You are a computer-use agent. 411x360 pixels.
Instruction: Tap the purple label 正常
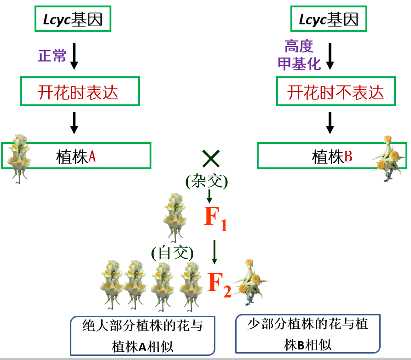(x=52, y=56)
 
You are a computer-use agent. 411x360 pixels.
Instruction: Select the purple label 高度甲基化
(x=299, y=55)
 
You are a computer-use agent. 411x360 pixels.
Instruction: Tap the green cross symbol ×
(x=210, y=159)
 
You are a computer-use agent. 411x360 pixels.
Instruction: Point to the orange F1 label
(x=215, y=218)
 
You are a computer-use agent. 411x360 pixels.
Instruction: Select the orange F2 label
(x=219, y=283)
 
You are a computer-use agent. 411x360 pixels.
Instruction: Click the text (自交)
(x=173, y=252)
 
